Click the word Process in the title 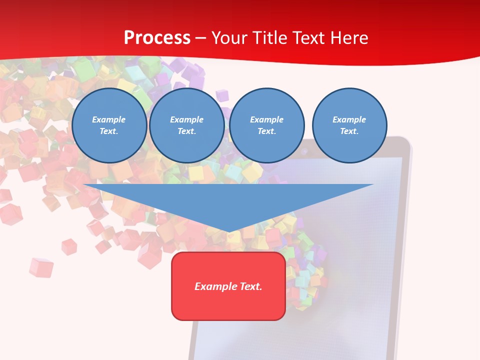(157, 38)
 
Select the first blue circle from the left (109, 125)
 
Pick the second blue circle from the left (186, 125)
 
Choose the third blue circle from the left (266, 125)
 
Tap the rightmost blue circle (349, 125)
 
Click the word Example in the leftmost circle (109, 119)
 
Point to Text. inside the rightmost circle (349, 131)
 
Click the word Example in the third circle (266, 119)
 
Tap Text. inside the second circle (186, 131)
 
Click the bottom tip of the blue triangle (229, 231)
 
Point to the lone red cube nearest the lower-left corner (40, 267)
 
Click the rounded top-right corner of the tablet (406, 143)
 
